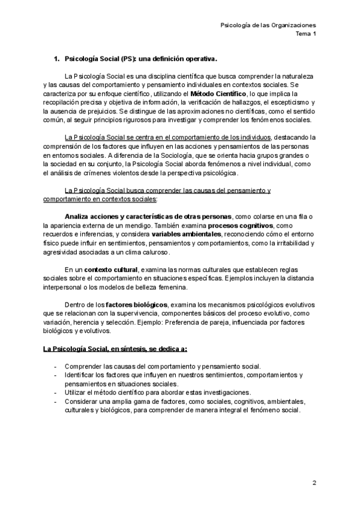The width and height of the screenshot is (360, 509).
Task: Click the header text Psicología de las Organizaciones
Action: pos(268,25)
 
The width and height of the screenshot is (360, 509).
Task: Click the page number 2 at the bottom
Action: pos(314,483)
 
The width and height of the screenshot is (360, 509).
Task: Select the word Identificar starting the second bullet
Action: pos(83,375)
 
